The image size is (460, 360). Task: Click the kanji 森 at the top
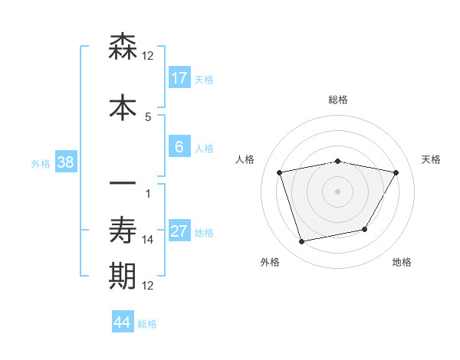tap(123, 47)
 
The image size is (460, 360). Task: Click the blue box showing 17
tap(179, 78)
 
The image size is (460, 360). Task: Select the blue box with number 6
tap(179, 148)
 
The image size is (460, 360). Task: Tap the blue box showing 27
tap(179, 232)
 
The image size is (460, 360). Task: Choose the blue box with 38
tap(65, 162)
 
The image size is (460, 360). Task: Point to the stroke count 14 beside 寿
tap(148, 240)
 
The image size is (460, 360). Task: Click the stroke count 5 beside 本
tap(148, 116)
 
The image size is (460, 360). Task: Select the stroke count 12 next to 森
tap(148, 56)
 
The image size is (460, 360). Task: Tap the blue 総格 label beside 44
tap(147, 324)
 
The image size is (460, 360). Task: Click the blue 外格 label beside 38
tap(41, 163)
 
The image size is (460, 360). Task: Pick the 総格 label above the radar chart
tap(338, 100)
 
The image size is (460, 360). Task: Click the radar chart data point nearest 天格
tap(396, 173)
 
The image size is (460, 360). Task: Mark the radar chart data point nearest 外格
tap(302, 242)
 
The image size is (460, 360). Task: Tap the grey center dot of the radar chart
tap(338, 191)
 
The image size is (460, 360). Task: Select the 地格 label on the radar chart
tap(402, 262)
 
